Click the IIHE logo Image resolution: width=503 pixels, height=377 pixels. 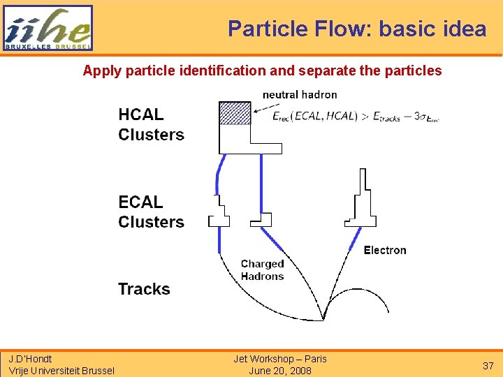click(x=48, y=28)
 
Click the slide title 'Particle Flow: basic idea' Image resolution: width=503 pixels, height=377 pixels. click(x=357, y=29)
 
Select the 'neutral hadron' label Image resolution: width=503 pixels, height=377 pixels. click(x=300, y=94)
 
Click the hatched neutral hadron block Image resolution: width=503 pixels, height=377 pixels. click(x=235, y=113)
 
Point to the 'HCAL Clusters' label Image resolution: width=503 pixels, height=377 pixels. click(x=151, y=124)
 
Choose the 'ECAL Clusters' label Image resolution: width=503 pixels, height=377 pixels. click(x=151, y=212)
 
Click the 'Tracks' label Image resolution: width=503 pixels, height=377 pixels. click(x=144, y=289)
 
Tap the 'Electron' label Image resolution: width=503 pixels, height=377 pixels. click(x=384, y=250)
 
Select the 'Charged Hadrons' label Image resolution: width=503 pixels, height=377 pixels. click(x=262, y=269)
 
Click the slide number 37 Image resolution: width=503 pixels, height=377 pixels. click(x=488, y=366)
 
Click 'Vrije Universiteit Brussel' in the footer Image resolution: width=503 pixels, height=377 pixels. click(x=61, y=371)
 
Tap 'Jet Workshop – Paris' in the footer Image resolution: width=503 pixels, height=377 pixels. click(x=280, y=359)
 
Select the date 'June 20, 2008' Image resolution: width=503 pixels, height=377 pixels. click(x=280, y=371)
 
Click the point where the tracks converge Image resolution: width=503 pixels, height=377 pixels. click(x=324, y=319)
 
